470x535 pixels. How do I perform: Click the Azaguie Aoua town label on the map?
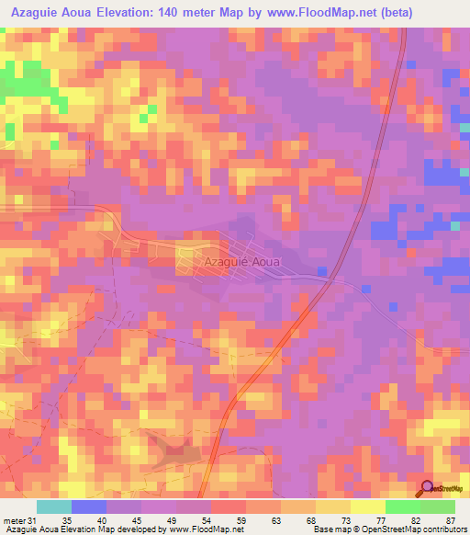(241, 261)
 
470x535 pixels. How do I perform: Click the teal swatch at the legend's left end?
(54, 507)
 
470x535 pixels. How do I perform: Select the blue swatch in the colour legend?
(89, 507)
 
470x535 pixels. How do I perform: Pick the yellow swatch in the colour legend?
(367, 507)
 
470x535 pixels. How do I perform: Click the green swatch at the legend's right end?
(437, 507)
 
